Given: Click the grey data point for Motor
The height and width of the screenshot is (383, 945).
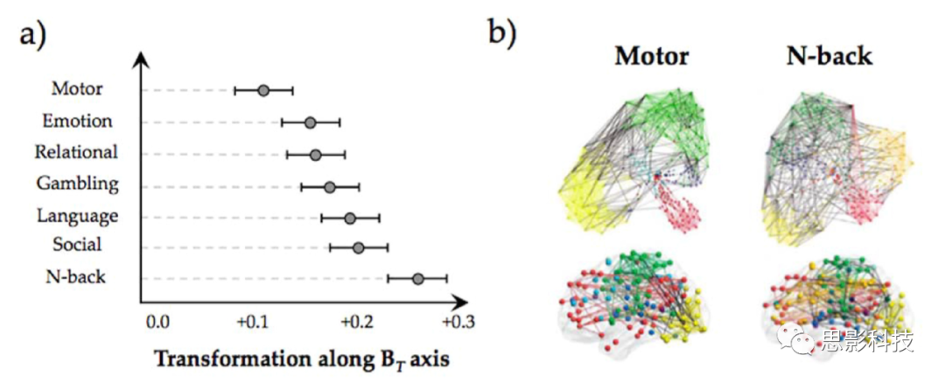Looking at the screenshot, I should coord(263,90).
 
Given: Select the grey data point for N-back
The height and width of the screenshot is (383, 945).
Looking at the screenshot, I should coord(417,279).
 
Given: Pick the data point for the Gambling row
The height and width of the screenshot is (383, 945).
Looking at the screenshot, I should coord(329,187).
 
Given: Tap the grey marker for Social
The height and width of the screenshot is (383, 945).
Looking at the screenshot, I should coord(358,247).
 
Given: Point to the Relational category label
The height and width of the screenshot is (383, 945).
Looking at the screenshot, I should coord(76,152).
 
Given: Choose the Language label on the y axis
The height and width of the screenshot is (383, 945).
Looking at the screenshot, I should coord(77,215).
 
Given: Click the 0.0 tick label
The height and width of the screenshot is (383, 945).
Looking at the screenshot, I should coord(157,322).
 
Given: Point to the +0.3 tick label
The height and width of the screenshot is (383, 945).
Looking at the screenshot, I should coord(456,322).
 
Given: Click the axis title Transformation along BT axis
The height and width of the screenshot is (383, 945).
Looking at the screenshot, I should coord(302,359).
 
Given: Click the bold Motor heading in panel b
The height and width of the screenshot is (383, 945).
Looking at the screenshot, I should coord(652,57).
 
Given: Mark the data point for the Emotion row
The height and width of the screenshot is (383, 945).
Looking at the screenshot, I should coord(310,122).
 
